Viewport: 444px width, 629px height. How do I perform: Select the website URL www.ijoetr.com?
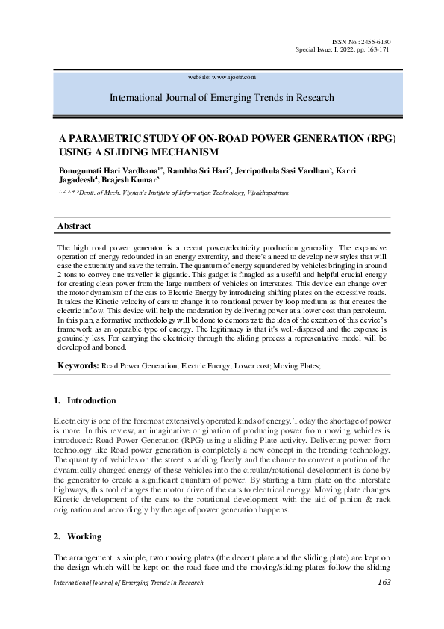234,77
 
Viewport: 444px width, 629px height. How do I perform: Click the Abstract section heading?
75,226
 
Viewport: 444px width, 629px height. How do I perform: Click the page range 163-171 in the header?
373,49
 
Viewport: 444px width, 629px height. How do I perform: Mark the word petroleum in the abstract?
369,309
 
